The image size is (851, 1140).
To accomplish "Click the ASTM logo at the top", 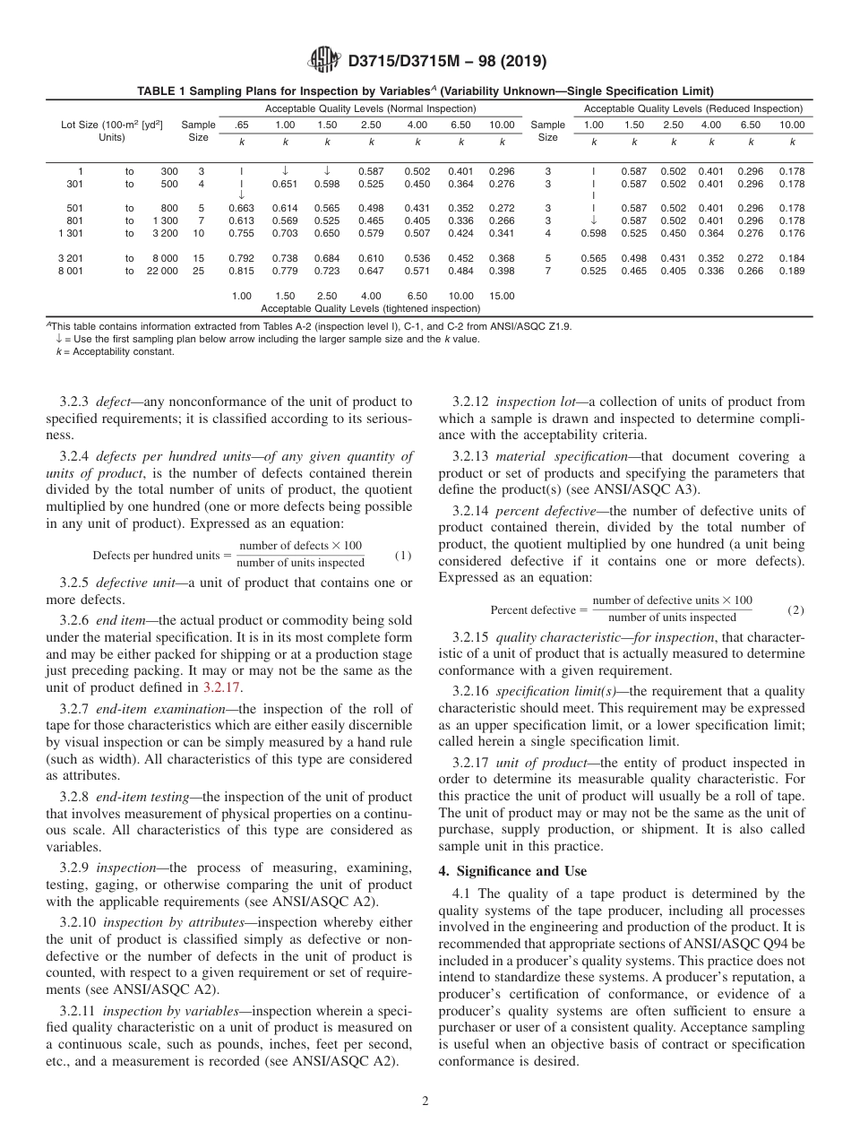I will (x=323, y=60).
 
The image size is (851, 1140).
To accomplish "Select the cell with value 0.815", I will (x=241, y=271).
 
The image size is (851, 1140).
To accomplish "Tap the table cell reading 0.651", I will (x=285, y=185).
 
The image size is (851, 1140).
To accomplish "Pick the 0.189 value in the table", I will (x=791, y=271).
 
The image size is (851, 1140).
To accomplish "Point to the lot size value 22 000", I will (x=162, y=271).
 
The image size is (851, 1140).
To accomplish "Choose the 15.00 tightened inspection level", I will (x=502, y=296).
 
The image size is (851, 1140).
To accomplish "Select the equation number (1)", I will (x=403, y=555).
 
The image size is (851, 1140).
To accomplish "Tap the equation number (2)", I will (x=795, y=609).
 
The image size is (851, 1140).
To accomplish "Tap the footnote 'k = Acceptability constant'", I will (x=115, y=352).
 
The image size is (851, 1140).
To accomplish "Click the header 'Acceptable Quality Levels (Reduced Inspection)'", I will (x=692, y=108).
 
